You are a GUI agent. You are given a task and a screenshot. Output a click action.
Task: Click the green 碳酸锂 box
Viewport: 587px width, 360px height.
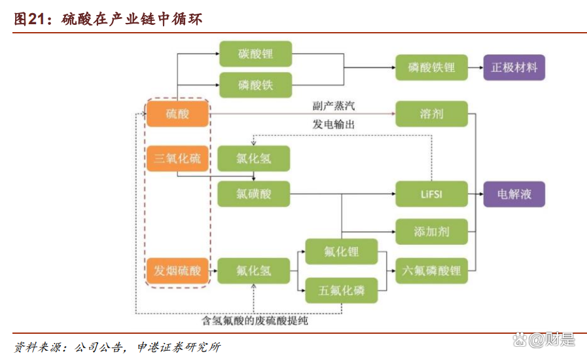click(x=255, y=54)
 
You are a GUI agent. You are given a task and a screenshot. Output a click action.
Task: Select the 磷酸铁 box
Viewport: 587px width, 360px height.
click(x=255, y=84)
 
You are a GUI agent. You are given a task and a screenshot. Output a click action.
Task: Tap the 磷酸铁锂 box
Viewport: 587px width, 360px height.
click(x=431, y=67)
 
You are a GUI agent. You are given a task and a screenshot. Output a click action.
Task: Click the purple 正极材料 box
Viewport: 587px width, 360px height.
click(x=514, y=67)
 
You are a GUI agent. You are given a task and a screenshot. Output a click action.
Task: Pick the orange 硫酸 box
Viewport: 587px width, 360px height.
click(x=177, y=114)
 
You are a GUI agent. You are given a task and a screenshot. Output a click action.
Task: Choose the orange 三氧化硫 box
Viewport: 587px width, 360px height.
click(x=177, y=158)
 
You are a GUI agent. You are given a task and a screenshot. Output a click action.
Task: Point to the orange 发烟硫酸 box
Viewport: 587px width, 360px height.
click(x=177, y=270)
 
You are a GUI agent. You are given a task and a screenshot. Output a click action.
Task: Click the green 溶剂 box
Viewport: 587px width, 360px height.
click(x=431, y=114)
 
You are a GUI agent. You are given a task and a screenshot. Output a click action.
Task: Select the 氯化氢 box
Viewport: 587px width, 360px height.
click(x=253, y=158)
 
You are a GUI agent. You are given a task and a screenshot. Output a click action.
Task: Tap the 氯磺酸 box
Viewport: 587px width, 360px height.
click(x=253, y=194)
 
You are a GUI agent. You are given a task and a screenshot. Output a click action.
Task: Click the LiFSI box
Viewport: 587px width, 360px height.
click(x=431, y=194)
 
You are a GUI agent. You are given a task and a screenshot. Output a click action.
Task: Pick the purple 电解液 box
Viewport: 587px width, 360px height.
click(x=514, y=194)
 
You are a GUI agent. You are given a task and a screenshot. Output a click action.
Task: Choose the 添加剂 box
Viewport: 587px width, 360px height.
click(x=431, y=232)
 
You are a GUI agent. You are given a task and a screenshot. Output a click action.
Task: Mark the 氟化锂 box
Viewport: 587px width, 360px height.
click(x=341, y=252)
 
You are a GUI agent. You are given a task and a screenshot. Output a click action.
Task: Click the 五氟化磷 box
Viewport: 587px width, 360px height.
click(x=341, y=290)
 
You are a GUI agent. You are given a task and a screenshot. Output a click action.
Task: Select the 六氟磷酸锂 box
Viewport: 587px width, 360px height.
click(x=431, y=270)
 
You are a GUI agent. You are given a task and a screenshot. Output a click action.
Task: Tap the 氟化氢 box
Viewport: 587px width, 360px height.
click(x=253, y=270)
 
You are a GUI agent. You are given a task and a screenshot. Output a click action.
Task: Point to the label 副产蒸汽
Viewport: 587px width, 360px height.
click(x=334, y=105)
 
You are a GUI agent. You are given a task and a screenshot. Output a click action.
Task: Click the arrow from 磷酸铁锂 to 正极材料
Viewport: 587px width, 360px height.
click(x=476, y=67)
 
